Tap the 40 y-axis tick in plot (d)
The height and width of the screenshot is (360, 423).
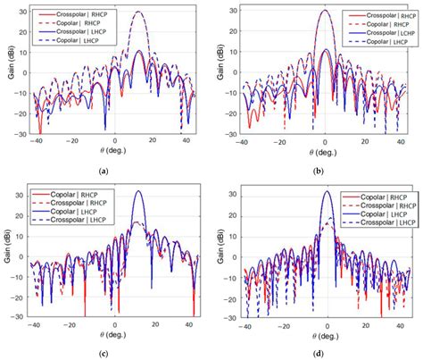(x=235, y=190)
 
